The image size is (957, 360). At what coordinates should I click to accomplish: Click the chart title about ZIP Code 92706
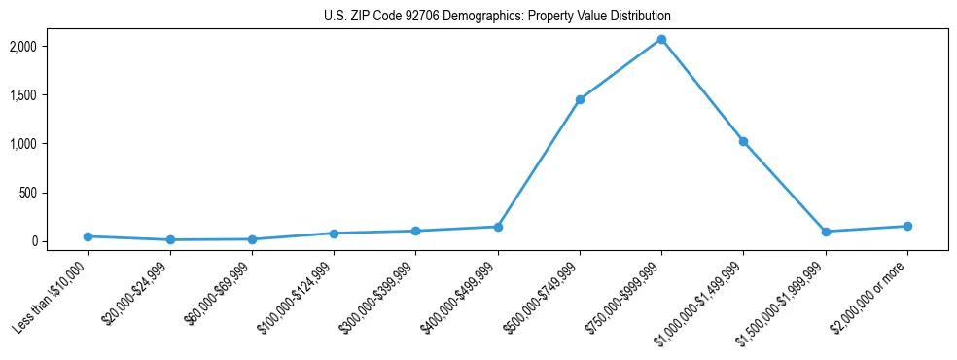coord(497,17)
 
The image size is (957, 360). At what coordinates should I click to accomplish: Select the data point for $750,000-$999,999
coord(661,39)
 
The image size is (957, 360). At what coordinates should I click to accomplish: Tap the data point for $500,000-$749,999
coord(580,99)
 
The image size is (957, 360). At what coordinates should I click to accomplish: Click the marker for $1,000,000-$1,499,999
coord(743,141)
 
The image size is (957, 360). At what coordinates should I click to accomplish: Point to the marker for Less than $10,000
coord(88,236)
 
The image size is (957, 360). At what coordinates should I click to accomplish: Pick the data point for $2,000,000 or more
coord(907,226)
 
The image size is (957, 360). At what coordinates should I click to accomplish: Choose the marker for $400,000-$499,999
coord(498,227)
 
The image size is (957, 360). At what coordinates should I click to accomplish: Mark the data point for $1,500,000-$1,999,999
coord(826,232)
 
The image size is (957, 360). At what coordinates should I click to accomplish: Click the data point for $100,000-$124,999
coord(334,234)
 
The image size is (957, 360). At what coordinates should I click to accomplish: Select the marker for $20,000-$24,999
coord(170,239)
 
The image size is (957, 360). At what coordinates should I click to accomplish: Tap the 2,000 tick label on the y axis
coord(50,47)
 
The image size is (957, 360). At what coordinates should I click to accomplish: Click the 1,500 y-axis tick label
coord(50,95)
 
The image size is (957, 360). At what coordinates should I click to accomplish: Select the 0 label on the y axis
coord(60,241)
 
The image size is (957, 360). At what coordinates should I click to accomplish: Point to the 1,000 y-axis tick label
coord(50,144)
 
